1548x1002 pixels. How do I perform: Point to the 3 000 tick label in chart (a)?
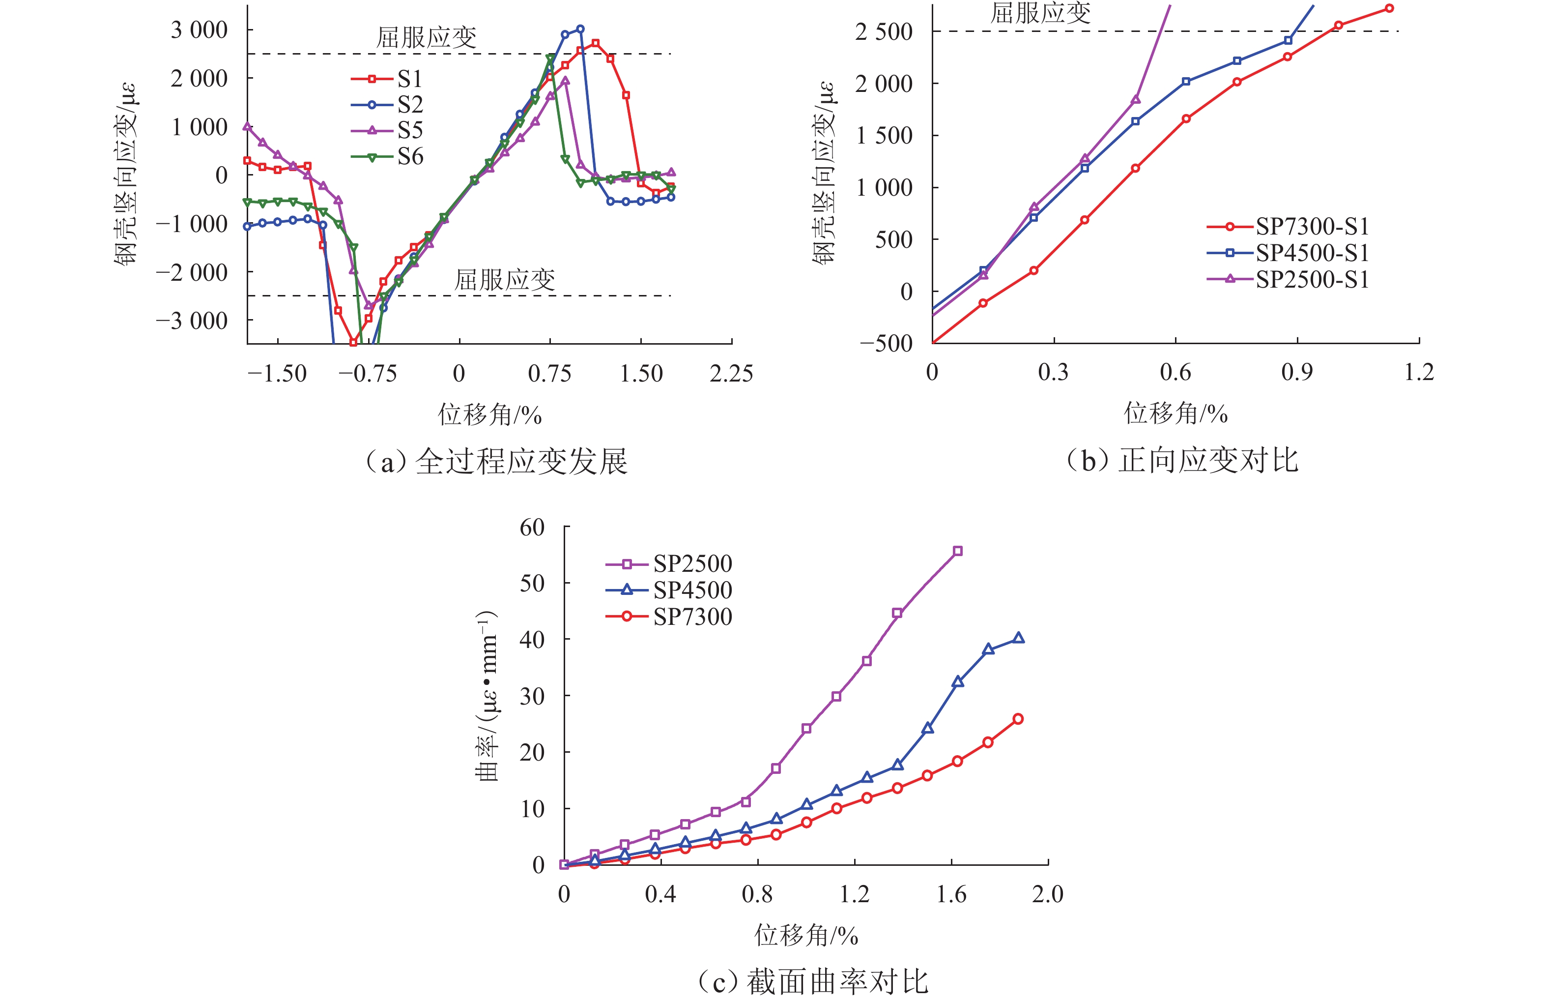tap(199, 30)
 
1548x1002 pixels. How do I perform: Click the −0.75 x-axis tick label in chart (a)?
tap(367, 374)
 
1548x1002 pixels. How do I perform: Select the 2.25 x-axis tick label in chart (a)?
tap(731, 374)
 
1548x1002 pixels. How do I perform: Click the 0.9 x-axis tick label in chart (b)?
tap(1297, 372)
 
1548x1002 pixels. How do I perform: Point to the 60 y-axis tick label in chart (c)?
tap(532, 527)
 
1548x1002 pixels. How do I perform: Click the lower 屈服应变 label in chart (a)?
tap(505, 280)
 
